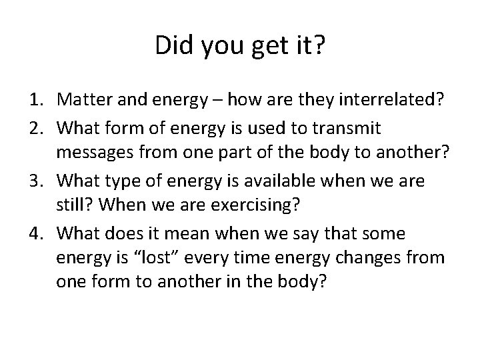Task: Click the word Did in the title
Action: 171,47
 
